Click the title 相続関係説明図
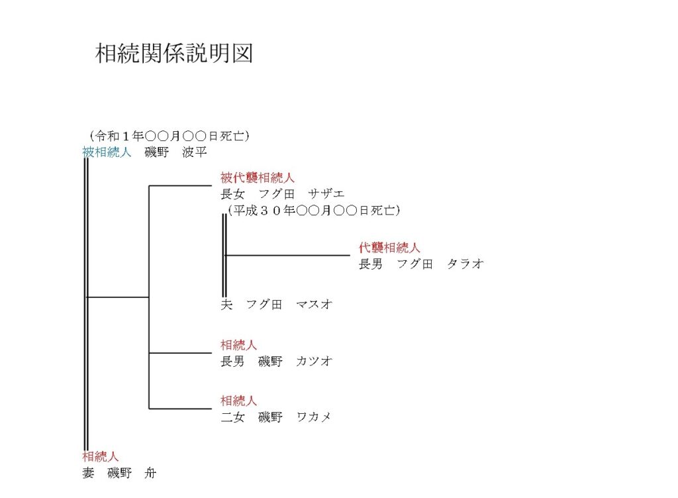pos(174,53)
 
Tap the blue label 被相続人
pos(107,152)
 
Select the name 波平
pos(195,152)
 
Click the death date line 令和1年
pos(169,136)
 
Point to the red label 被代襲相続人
pos(258,177)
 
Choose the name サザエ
pos(326,193)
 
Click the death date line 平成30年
pos(314,211)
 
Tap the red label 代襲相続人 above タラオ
pos(389,248)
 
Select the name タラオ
pos(465,264)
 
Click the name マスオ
pos(315,305)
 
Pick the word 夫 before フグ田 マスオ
pos(226,305)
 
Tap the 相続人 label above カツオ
pos(238,345)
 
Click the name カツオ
pos(315,361)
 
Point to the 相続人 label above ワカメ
pos(238,401)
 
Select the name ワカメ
pos(314,417)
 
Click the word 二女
pos(232,417)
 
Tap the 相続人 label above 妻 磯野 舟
pos(101,456)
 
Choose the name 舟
pos(150,472)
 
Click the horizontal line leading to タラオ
pos(288,256)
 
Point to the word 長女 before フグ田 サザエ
pos(232,193)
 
